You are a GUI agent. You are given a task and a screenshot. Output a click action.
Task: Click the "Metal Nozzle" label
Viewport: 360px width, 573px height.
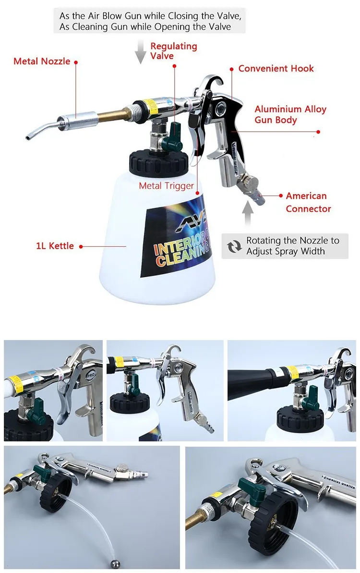42,61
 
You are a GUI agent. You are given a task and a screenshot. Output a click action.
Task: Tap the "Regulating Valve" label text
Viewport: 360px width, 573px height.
174,51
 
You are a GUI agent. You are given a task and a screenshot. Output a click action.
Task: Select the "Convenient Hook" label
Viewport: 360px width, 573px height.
276,69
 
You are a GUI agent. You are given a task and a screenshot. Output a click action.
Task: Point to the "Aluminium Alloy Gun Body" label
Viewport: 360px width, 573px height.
290,114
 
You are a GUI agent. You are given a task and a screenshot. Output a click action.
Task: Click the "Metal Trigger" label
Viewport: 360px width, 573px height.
167,186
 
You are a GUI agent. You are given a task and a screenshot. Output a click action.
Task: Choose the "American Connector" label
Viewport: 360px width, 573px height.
308,202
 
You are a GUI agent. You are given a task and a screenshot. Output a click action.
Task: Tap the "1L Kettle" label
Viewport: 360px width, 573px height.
55,246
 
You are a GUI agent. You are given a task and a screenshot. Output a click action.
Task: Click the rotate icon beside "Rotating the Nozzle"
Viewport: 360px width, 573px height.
234,246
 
